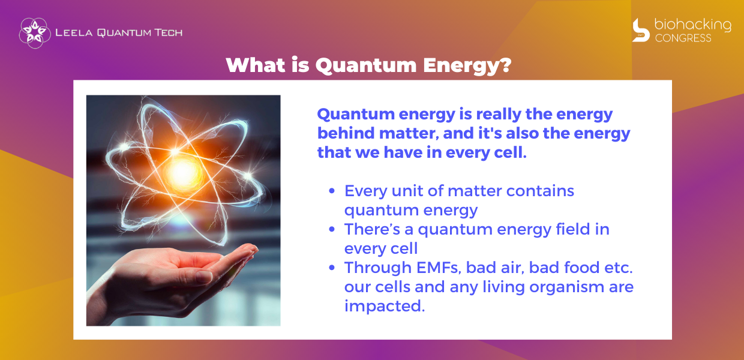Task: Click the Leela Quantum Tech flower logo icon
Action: point(35,33)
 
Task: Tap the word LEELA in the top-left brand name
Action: point(74,32)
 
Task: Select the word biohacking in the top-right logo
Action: point(692,26)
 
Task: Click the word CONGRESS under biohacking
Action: point(683,38)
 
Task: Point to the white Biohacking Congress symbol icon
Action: point(641,30)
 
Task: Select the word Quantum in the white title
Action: point(365,65)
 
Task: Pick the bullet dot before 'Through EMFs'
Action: point(331,268)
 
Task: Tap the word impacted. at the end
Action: point(384,306)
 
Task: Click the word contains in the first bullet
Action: point(540,191)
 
